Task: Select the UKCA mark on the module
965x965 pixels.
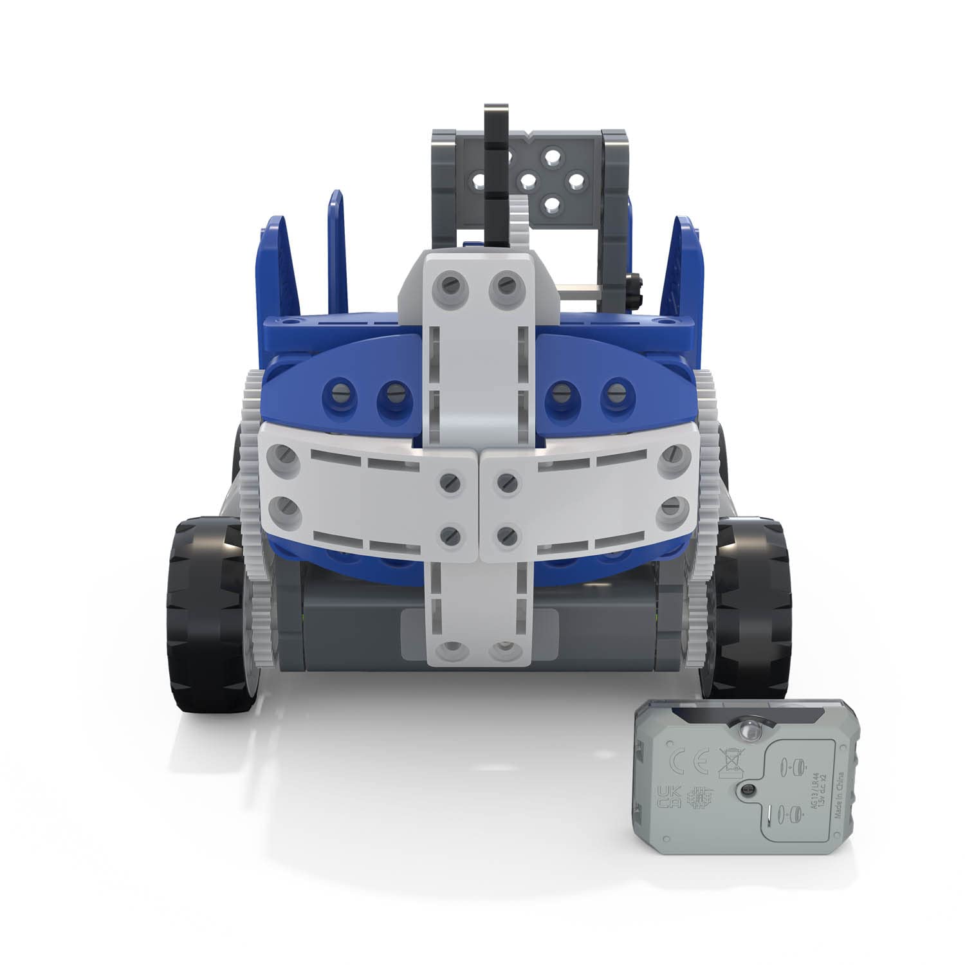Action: pos(666,798)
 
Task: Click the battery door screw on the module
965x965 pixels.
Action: pos(748,789)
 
